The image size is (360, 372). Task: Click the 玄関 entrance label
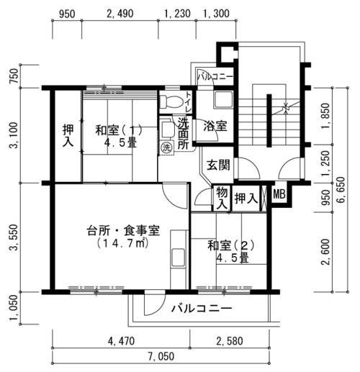(x=218, y=165)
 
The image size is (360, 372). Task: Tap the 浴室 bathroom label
(x=215, y=126)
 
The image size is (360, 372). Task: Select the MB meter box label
(x=279, y=194)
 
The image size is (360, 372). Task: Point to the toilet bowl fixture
(x=171, y=102)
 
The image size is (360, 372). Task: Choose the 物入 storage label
(x=222, y=199)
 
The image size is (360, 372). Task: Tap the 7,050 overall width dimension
(x=161, y=356)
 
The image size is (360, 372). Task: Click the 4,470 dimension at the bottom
(x=121, y=341)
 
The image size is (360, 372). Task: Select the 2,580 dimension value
(x=230, y=341)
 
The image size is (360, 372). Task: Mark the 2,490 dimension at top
(x=120, y=14)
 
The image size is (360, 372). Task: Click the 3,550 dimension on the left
(x=14, y=237)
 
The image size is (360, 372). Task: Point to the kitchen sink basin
(x=179, y=258)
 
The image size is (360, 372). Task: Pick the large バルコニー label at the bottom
(x=202, y=308)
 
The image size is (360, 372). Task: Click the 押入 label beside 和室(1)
(x=68, y=135)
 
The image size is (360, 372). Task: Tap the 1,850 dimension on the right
(x=325, y=116)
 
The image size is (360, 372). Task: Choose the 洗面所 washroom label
(x=184, y=133)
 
